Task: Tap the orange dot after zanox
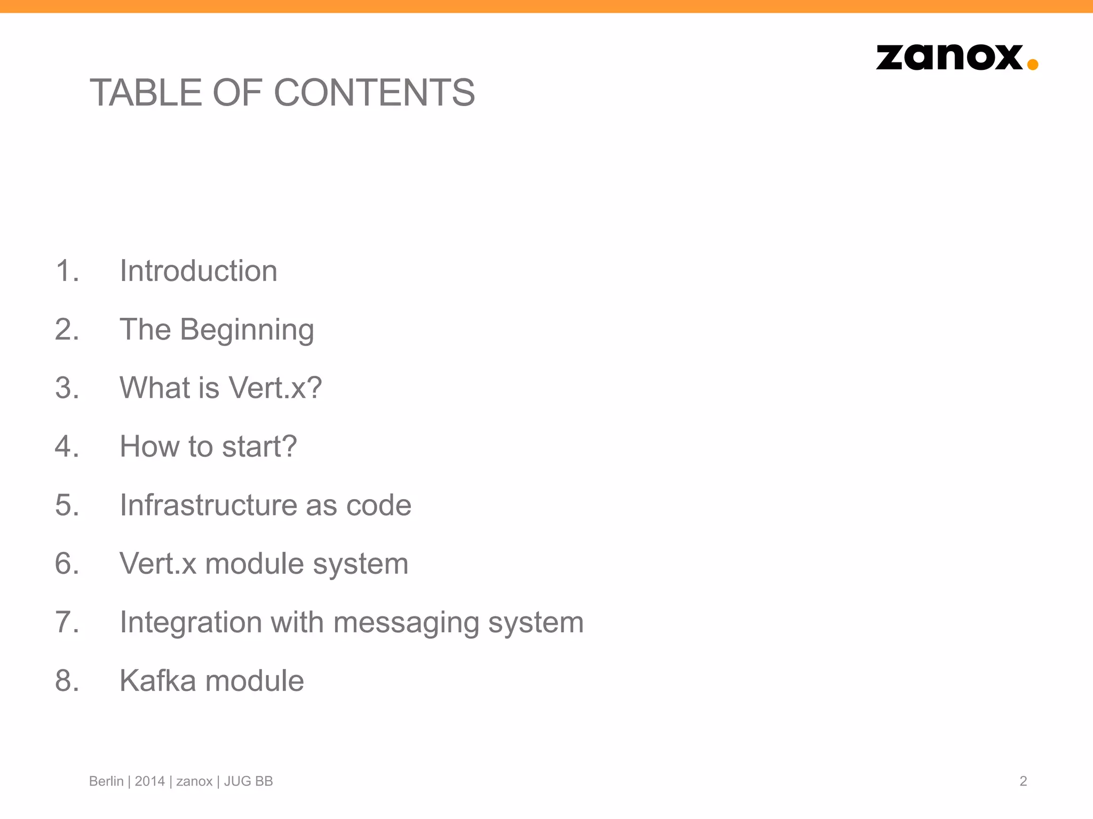coord(1032,65)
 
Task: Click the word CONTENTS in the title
coord(374,92)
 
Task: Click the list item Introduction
coord(198,271)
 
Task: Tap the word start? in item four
coord(259,446)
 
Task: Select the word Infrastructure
coord(208,505)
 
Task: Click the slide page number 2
coord(1023,781)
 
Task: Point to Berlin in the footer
coord(106,781)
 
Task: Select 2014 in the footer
coord(149,781)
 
